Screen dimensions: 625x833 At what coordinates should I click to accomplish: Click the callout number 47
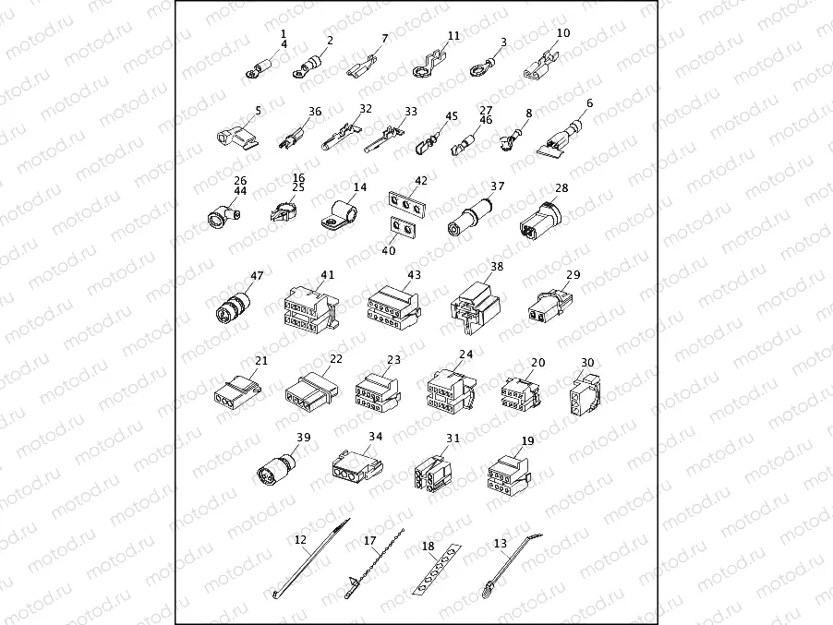(x=257, y=275)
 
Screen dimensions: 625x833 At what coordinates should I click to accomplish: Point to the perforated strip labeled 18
(x=437, y=573)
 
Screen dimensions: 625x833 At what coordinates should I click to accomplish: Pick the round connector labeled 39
(x=276, y=468)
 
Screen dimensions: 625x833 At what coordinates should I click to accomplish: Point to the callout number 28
(x=561, y=187)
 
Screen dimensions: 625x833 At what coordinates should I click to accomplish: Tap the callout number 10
(x=562, y=33)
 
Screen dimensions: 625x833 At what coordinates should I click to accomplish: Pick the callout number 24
(x=466, y=354)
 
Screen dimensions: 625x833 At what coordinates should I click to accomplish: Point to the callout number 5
(x=259, y=110)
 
